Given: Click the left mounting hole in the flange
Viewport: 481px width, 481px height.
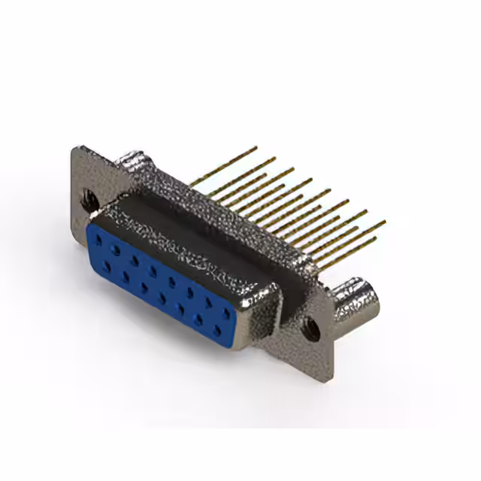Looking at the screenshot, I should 89,200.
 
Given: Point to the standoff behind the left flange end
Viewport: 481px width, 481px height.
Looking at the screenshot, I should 135,161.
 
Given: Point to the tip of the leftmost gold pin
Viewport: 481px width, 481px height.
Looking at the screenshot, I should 256,147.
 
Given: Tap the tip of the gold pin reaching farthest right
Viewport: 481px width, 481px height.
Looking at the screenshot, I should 385,222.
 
